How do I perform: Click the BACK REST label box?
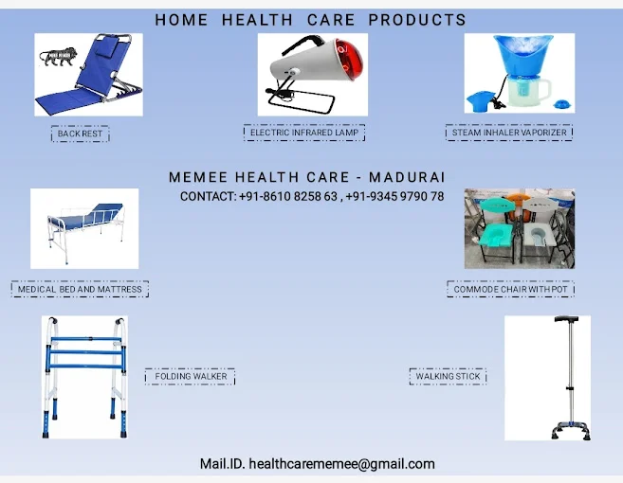[80, 134]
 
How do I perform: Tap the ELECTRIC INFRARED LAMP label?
[304, 133]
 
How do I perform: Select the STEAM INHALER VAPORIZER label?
[509, 133]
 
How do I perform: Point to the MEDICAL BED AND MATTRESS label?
[80, 289]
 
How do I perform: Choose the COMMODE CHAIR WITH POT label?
[510, 289]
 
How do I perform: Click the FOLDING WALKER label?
[191, 376]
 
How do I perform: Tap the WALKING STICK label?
[448, 376]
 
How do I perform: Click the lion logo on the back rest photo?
[59, 57]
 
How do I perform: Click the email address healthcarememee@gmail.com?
[341, 464]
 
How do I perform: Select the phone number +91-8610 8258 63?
[288, 196]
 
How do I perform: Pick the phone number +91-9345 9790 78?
[394, 196]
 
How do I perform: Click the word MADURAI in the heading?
[407, 177]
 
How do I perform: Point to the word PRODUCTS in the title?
[417, 20]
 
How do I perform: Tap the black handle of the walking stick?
[567, 319]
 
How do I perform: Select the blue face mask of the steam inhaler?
[522, 53]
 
